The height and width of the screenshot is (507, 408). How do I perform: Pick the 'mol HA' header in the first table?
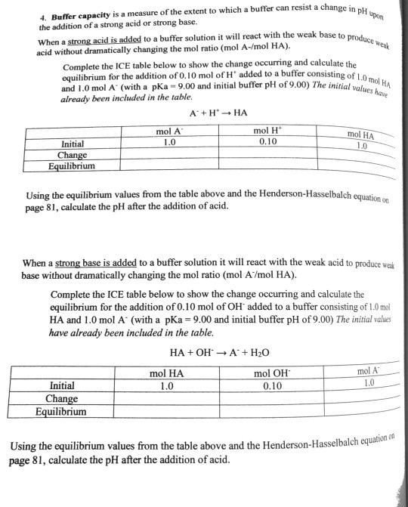(361, 135)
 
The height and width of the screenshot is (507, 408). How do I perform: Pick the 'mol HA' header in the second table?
(167, 372)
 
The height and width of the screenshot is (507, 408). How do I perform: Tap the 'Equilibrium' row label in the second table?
(60, 412)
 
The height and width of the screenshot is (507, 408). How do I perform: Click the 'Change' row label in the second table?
(61, 398)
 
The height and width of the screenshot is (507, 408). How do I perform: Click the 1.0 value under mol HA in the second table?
(167, 385)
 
